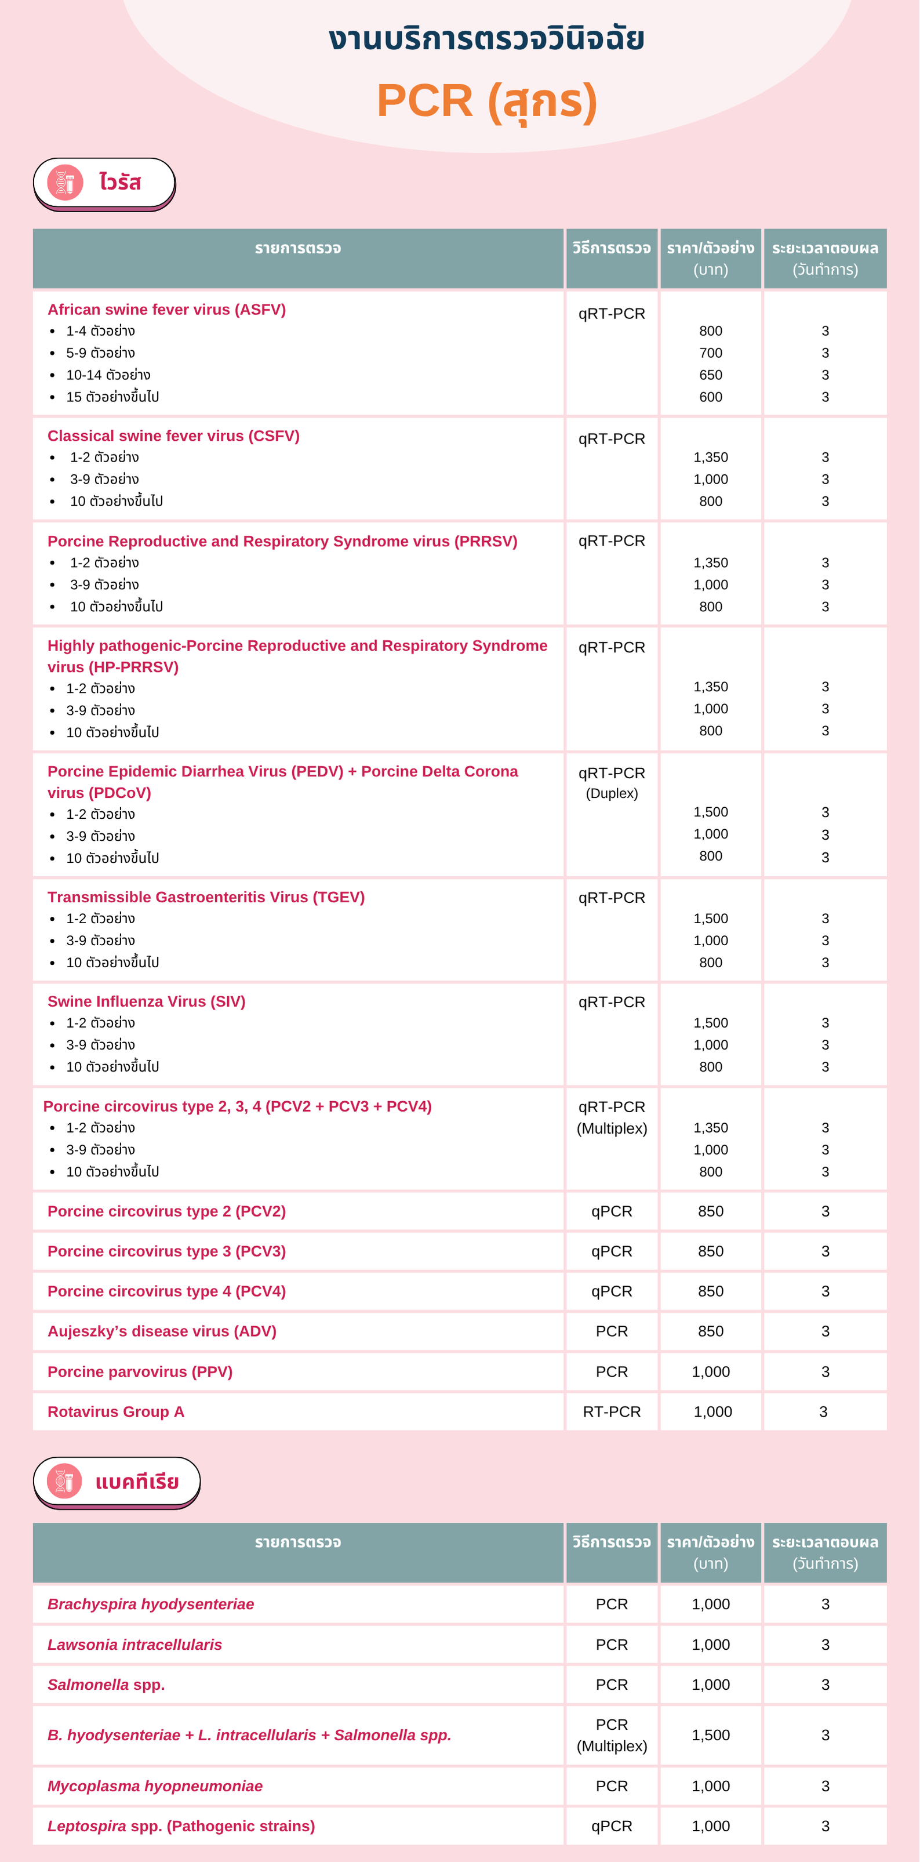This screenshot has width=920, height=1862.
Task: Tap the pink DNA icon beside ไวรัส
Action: pos(65,182)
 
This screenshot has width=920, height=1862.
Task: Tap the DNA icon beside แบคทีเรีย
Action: pos(64,1481)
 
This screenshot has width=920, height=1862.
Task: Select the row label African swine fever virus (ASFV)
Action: pos(166,310)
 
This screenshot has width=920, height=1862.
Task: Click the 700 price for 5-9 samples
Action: pos(710,353)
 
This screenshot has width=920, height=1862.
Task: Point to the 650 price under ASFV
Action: pos(710,375)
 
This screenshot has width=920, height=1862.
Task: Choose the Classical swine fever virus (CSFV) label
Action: pos(173,436)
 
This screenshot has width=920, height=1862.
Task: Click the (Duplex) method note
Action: pos(612,794)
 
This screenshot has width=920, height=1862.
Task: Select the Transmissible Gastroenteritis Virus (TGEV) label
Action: pos(206,897)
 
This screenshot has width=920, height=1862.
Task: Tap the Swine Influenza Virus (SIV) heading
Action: pos(146,1001)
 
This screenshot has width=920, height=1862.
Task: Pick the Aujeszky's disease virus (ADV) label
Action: pos(162,1331)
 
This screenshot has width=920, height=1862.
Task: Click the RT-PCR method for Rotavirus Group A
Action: pos(612,1411)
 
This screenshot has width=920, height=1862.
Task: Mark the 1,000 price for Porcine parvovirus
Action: pos(710,1372)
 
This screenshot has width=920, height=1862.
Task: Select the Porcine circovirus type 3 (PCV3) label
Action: pos(166,1251)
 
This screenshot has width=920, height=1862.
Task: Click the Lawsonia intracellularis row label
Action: pos(134,1645)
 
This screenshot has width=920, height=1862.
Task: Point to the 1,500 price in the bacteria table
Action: pos(710,1735)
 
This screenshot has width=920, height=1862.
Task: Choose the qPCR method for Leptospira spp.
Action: pos(612,1826)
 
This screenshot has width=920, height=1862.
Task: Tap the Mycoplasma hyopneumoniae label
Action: pos(155,1786)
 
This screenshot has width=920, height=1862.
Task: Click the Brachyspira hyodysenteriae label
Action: pos(150,1604)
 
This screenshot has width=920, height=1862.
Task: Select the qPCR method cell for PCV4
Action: pos(612,1291)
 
